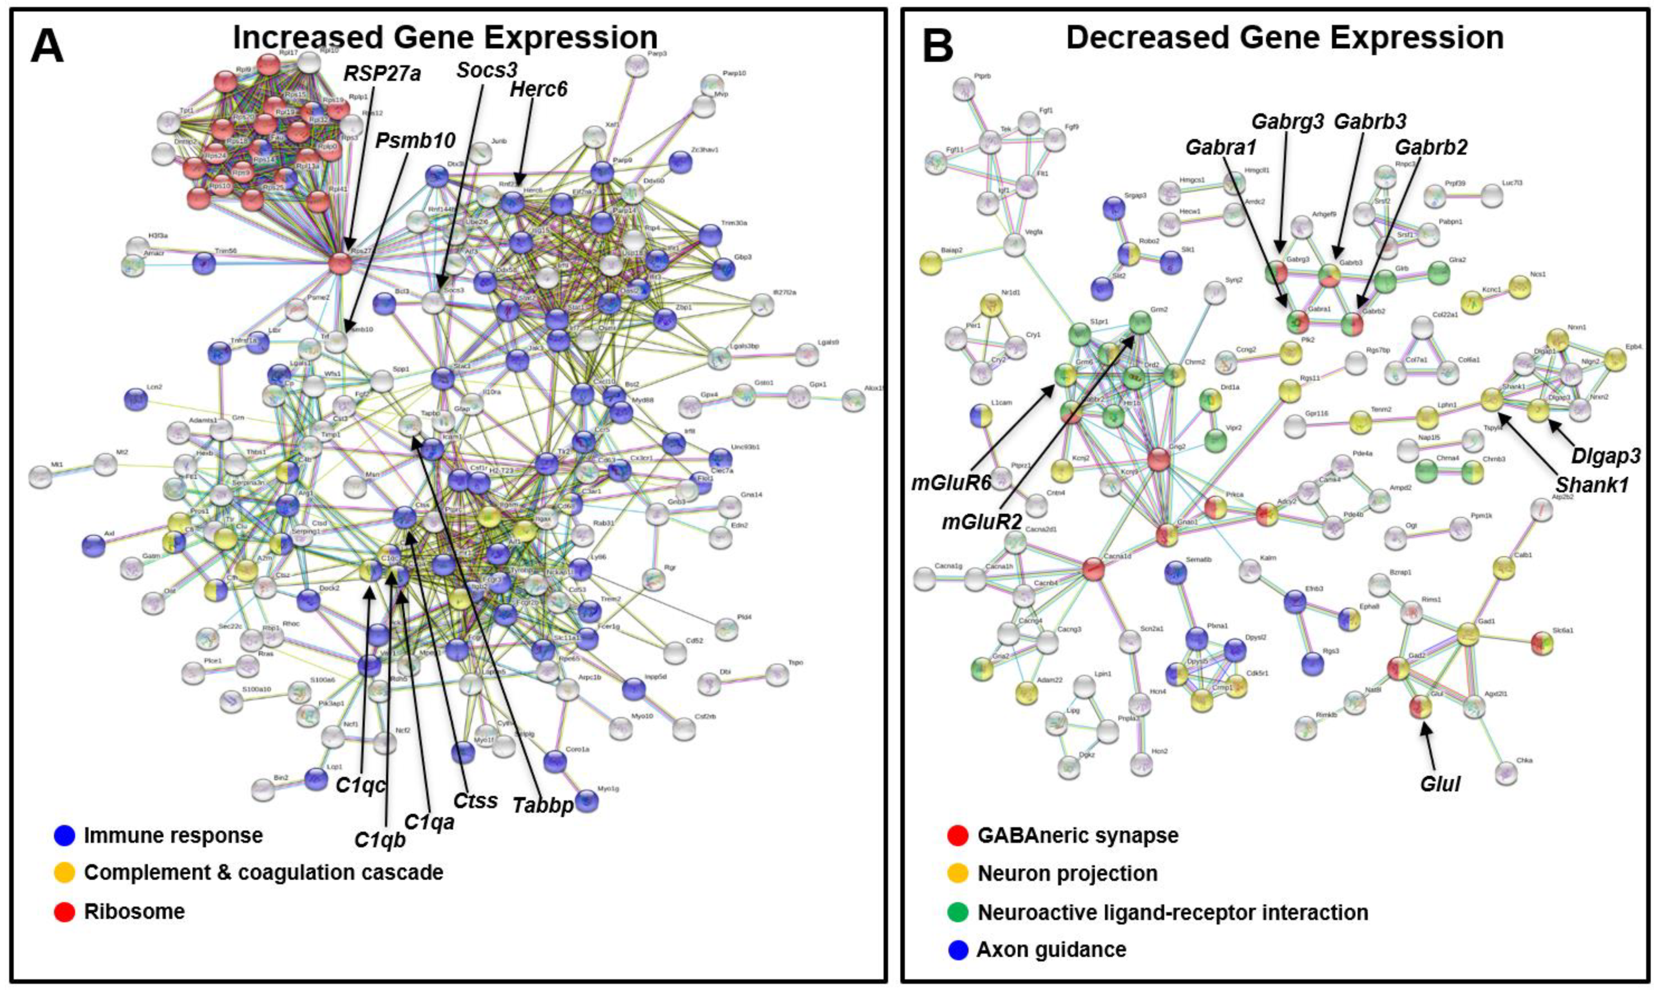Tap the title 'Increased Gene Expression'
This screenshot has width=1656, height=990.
click(x=445, y=37)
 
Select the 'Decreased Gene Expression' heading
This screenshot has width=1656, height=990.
click(x=1285, y=37)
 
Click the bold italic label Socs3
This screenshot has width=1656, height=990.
click(x=487, y=70)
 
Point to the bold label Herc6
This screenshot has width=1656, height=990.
click(x=538, y=88)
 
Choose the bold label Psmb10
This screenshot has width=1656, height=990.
click(x=416, y=140)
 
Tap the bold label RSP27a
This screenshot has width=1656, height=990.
click(x=382, y=73)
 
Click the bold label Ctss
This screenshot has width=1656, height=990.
click(x=475, y=800)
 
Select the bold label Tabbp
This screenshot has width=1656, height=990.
click(x=543, y=805)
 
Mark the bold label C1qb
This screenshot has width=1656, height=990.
click(x=379, y=840)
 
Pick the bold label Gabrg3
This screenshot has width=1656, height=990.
click(x=1287, y=122)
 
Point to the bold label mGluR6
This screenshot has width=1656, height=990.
click(x=951, y=483)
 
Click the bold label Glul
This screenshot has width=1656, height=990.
click(x=1440, y=784)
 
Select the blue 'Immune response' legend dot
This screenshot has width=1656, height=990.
click(x=64, y=835)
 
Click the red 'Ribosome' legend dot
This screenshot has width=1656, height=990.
click(x=64, y=911)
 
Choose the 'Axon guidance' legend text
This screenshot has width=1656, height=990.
click(x=1051, y=949)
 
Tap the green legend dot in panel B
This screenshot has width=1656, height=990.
click(x=957, y=912)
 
